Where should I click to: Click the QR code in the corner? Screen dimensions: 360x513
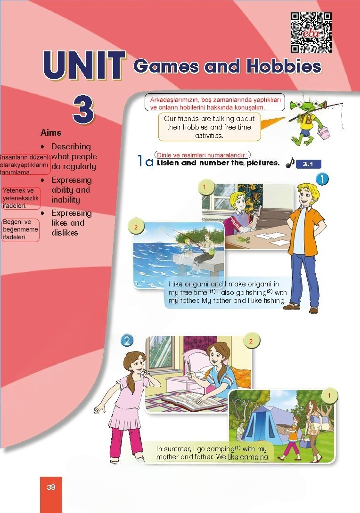pyautogui.click(x=311, y=33)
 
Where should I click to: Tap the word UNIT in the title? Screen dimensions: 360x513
pyautogui.click(x=84, y=65)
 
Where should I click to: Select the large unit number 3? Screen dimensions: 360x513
pyautogui.click(x=84, y=109)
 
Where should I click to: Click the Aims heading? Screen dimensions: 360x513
pyautogui.click(x=51, y=132)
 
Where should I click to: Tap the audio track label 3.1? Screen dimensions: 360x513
pyautogui.click(x=308, y=164)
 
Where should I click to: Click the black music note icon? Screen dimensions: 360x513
pyautogui.click(x=290, y=163)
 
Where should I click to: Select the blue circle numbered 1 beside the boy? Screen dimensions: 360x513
pyautogui.click(x=322, y=179)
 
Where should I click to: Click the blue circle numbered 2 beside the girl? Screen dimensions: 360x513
pyautogui.click(x=127, y=341)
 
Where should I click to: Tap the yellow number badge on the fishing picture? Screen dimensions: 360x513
pyautogui.click(x=136, y=227)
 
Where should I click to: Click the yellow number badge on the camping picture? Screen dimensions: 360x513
pyautogui.click(x=329, y=395)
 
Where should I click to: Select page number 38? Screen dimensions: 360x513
pyautogui.click(x=51, y=487)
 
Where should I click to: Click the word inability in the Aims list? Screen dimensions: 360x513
pyautogui.click(x=65, y=200)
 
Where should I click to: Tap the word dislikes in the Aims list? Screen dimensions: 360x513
pyautogui.click(x=65, y=233)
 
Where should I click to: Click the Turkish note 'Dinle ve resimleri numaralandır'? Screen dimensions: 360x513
pyautogui.click(x=201, y=155)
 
